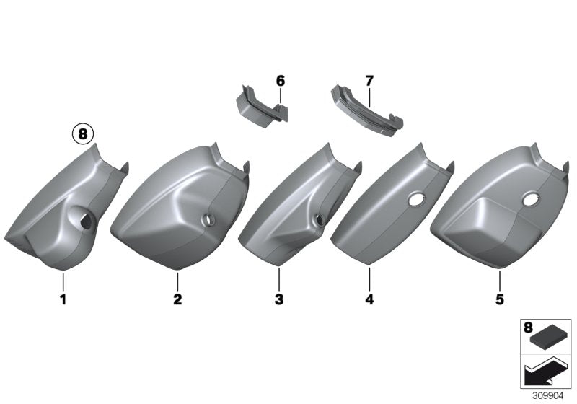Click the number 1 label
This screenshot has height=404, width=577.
63,299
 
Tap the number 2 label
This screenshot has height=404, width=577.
177,299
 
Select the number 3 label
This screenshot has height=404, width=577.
278,299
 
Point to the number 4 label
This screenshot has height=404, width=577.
369,299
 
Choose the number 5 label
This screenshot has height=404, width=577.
499,299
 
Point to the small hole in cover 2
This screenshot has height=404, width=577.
209,219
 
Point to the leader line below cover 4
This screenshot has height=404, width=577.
369,277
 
